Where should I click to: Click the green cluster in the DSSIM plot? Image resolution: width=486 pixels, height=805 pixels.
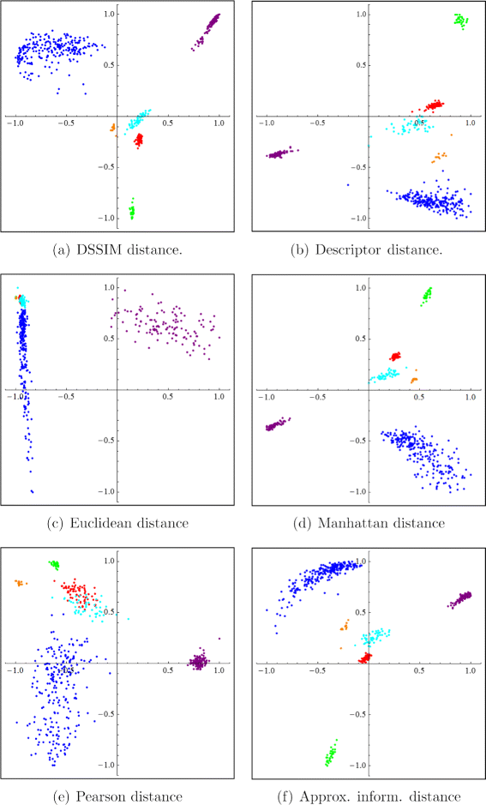(132, 209)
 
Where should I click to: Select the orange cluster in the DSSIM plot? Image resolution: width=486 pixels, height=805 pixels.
(113, 129)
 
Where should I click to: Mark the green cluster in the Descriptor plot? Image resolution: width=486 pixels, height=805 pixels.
(460, 21)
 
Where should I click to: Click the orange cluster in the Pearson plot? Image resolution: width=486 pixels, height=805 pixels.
(19, 583)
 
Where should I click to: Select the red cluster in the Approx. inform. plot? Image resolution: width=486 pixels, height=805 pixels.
(365, 658)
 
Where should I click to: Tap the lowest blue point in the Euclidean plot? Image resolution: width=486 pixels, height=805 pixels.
(33, 491)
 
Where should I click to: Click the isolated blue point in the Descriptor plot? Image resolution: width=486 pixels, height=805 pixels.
(348, 184)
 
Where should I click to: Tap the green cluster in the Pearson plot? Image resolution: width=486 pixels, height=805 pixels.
(54, 564)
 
